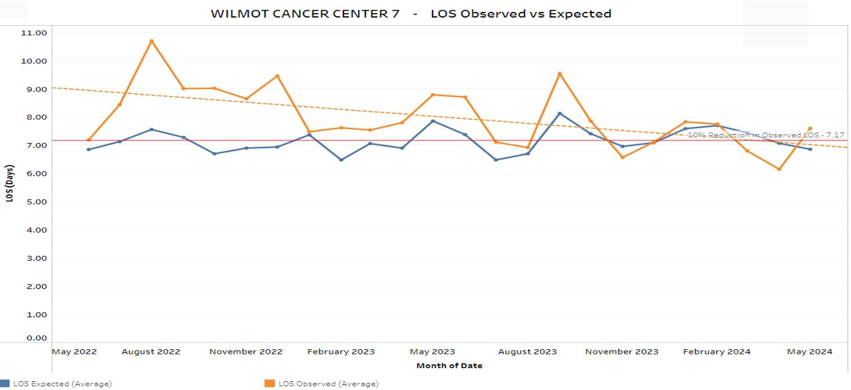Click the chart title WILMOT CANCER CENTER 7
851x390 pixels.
point(305,14)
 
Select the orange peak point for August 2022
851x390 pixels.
point(152,41)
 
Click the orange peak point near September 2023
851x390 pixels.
point(560,74)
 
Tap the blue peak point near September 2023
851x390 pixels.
point(560,113)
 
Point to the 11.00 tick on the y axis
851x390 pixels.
point(35,33)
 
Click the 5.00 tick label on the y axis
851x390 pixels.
point(35,201)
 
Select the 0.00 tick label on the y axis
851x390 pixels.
point(35,338)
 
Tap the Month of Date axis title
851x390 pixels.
point(449,366)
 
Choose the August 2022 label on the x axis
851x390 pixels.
point(151,352)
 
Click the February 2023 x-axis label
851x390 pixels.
point(341,352)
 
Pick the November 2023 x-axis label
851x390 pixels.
point(622,352)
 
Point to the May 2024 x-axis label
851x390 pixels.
point(810,352)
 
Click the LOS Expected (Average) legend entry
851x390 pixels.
point(62,384)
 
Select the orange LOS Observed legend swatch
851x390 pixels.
point(270,384)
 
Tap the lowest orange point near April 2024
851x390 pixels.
point(779,169)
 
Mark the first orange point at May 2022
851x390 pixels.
point(89,140)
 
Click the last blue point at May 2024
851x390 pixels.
point(810,149)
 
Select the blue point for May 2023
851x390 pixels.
point(433,120)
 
